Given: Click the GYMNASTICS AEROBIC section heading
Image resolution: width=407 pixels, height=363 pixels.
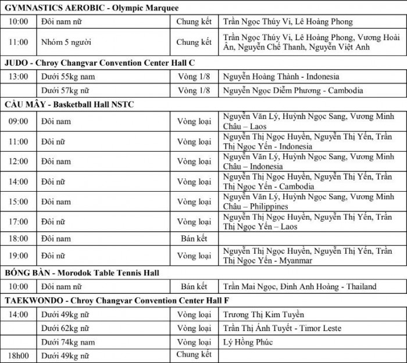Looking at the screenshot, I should (x=91, y=8).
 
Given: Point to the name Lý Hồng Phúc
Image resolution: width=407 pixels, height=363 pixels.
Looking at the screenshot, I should (x=248, y=342).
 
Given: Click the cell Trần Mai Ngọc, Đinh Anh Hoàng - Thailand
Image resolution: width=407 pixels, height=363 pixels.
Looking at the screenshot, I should (x=299, y=286).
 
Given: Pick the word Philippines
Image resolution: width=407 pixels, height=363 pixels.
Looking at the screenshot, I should (x=269, y=206).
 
